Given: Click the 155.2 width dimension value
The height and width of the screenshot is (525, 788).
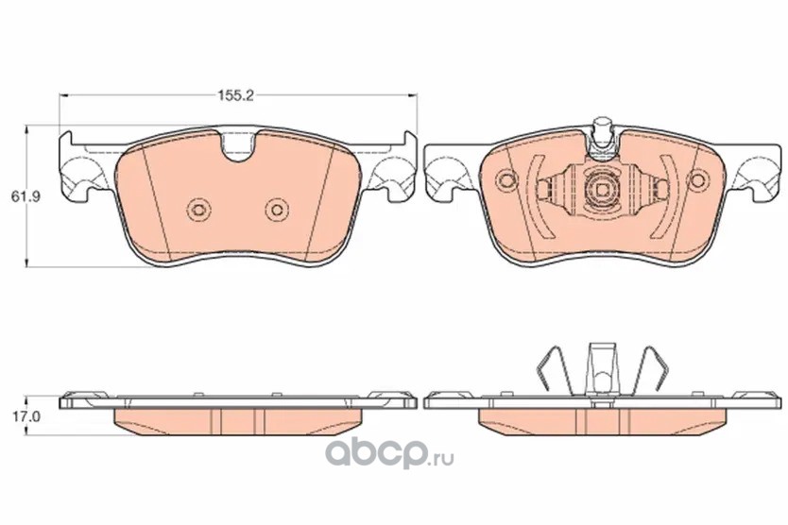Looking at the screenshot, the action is point(235,95).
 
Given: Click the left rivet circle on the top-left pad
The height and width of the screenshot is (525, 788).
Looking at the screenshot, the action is point(198,209).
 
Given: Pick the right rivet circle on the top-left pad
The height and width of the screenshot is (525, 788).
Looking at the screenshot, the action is point(277,209).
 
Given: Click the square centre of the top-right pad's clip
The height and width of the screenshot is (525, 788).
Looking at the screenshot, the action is point(602,189).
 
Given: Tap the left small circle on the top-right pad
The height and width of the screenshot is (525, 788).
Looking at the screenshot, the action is point(506,179).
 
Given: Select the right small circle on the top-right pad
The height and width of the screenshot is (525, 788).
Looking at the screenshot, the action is point(698,179).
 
